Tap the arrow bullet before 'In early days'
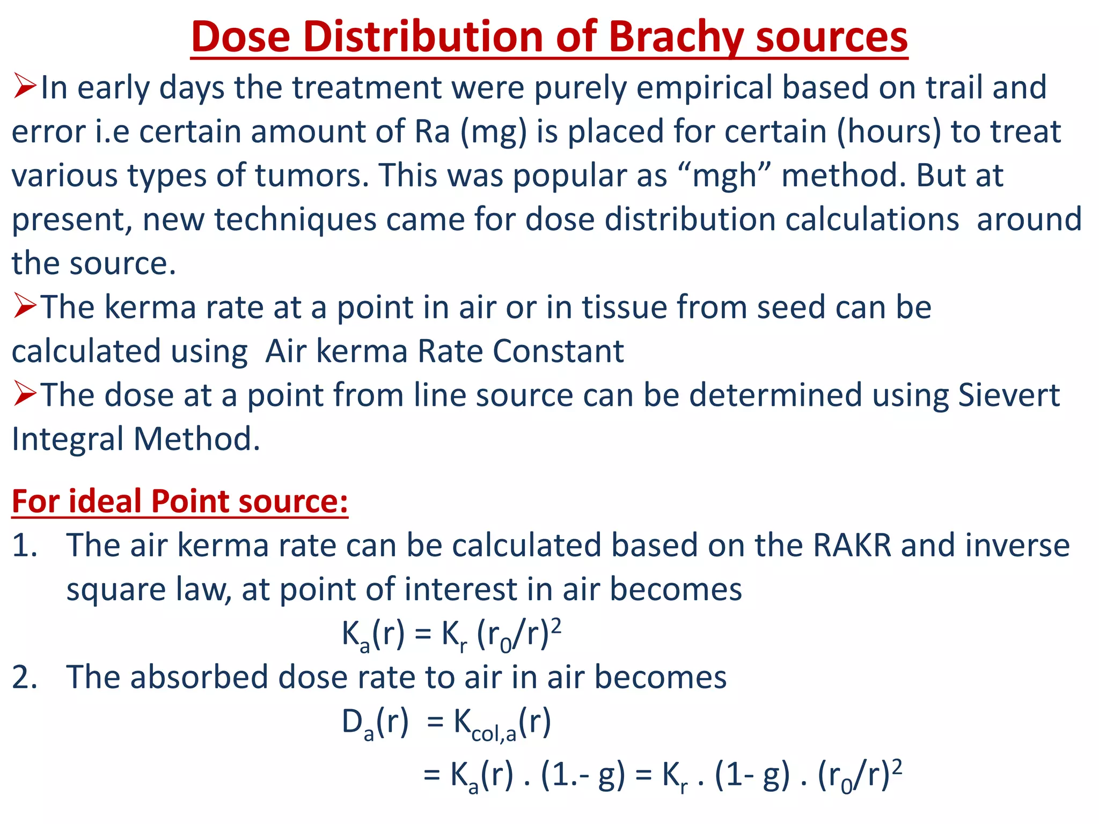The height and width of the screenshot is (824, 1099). click(25, 87)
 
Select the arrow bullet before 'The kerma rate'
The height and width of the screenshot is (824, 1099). click(25, 307)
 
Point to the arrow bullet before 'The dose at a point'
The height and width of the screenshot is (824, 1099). click(25, 395)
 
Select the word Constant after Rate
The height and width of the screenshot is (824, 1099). click(558, 352)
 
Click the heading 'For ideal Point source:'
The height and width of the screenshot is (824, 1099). click(180, 502)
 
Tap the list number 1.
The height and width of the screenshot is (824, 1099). click(25, 546)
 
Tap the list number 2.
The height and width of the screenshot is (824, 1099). click(25, 678)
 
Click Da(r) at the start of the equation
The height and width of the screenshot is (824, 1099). click(375, 724)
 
